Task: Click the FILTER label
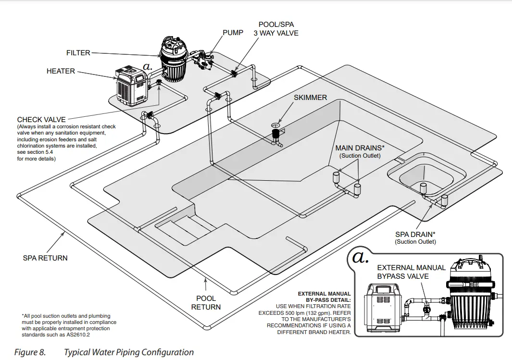pos(78,53)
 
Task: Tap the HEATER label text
pos(61,71)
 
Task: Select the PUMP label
pos(233,33)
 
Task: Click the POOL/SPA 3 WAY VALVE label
pos(276,29)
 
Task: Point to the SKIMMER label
pos(310,98)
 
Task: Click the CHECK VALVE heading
pos(41,120)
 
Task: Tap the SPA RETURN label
pos(45,258)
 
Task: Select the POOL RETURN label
pos(206,302)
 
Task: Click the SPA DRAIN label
pos(415,235)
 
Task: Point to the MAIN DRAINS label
pos(360,148)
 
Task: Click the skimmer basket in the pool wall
pos(276,134)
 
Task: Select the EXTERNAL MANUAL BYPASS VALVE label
pos(411,272)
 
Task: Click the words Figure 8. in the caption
pos(30,352)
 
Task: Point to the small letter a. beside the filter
pos(148,67)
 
